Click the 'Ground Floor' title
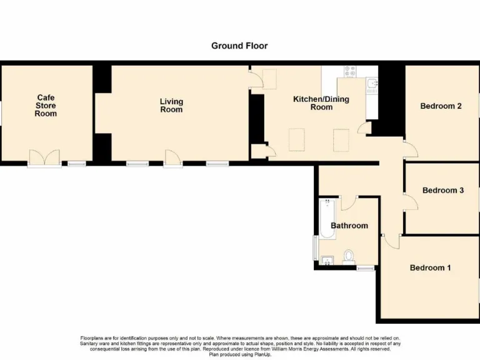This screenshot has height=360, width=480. (x=239, y=46)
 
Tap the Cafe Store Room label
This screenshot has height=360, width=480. (x=46, y=106)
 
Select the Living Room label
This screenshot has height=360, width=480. (x=171, y=106)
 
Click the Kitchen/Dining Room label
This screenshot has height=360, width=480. (x=321, y=103)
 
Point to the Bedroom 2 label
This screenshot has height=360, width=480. (x=441, y=106)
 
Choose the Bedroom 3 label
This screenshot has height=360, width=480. (x=442, y=191)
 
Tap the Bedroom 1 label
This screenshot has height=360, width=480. (x=430, y=268)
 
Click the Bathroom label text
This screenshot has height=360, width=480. (x=349, y=226)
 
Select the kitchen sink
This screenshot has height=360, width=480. (x=372, y=83)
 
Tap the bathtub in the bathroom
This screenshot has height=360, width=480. (x=327, y=219)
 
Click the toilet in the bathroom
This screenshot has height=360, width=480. (x=349, y=256)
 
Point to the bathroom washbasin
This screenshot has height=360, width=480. (x=326, y=261)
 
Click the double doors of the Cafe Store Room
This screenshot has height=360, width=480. (x=44, y=157)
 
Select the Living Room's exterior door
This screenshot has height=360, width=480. (x=172, y=157)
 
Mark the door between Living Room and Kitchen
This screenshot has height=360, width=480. (x=256, y=80)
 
